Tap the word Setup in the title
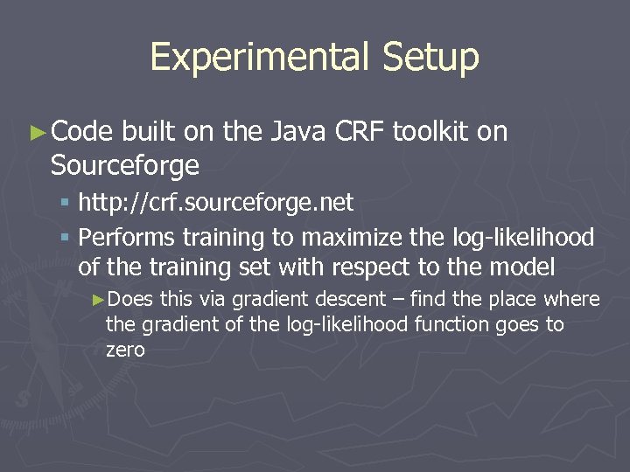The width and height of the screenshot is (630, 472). pos(430,57)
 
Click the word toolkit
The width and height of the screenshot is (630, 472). pos(431,132)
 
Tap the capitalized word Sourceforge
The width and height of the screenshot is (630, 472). pos(125,164)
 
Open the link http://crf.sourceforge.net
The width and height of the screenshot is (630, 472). pos(215,204)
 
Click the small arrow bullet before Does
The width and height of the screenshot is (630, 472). pos(99,300)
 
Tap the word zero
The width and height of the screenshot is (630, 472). pos(125,350)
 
